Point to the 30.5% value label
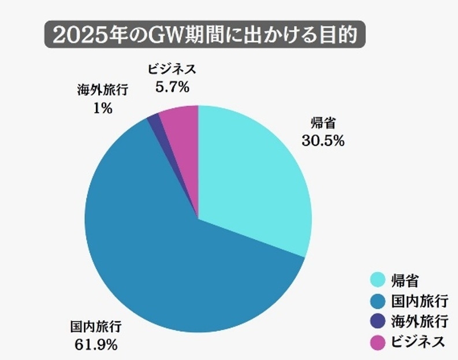coord(323,140)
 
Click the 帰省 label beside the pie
coord(323,123)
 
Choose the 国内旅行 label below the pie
coord(96,328)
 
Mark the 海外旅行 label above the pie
coord(102,91)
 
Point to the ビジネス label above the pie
coord(172,69)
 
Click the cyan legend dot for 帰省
coord(377,280)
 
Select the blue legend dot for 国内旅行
coord(377,300)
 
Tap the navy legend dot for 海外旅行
coord(377,321)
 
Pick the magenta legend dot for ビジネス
coord(377,342)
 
